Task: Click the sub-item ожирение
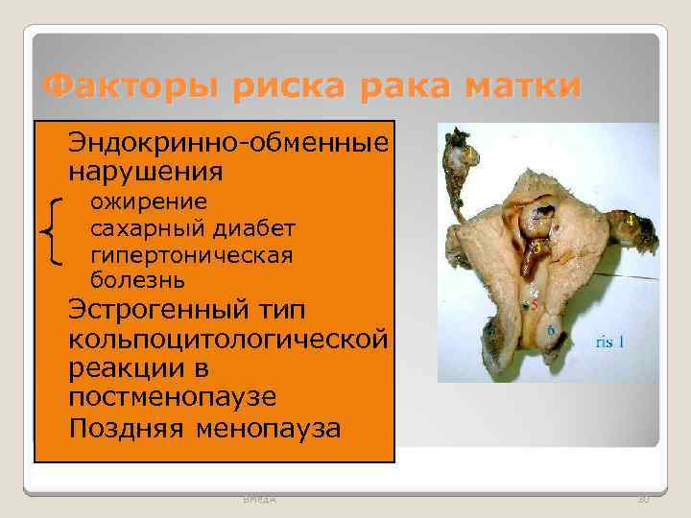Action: pos(148,201)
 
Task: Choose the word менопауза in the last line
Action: pos(268,427)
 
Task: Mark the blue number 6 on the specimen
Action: pos(551,329)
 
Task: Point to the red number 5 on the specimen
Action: pos(534,304)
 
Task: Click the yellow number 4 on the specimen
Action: pos(628,220)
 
